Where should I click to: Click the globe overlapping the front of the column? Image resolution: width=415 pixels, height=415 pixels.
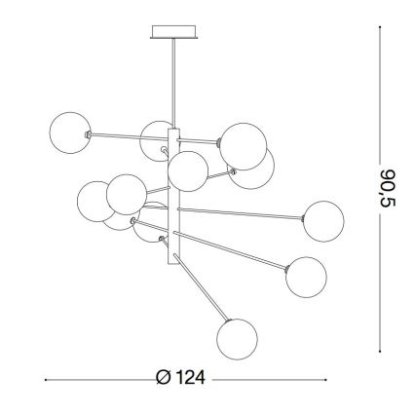pyautogui.click(x=186, y=171)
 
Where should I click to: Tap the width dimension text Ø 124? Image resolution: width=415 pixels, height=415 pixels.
pyautogui.click(x=184, y=378)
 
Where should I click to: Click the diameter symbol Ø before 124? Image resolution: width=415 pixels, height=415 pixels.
pyautogui.click(x=164, y=378)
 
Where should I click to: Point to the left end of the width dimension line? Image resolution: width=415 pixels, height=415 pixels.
pyautogui.click(x=45, y=378)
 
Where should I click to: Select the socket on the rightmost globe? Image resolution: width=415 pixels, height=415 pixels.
pyautogui.click(x=301, y=216)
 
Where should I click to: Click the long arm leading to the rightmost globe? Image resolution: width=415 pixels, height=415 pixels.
pyautogui.click(x=239, y=211)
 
